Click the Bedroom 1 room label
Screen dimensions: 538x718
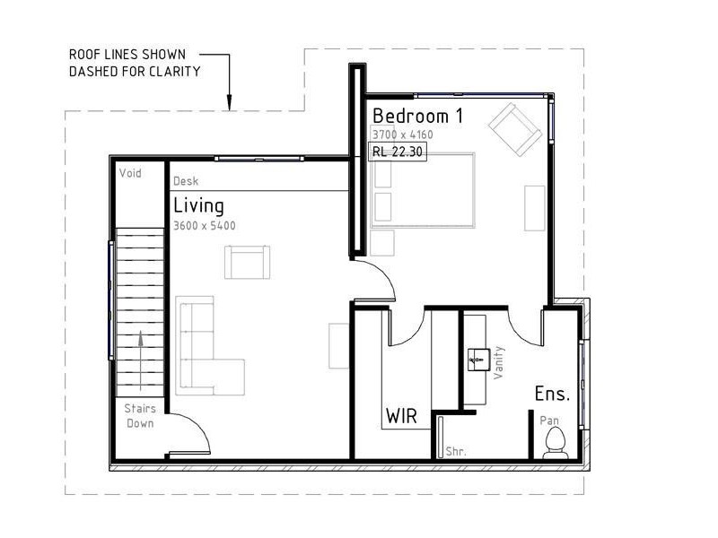point(417,116)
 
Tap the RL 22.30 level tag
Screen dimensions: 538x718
point(398,152)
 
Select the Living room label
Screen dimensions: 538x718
point(198,205)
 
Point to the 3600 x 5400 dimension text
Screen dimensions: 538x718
point(205,226)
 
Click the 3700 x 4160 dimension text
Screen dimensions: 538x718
point(402,134)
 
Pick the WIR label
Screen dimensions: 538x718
point(400,416)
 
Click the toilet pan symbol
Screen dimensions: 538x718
point(555,441)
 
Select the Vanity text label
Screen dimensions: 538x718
point(499,362)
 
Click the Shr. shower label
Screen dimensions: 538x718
point(456,452)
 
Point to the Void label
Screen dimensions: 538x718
point(131,171)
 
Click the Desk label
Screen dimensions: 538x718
point(186,181)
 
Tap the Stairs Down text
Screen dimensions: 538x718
point(140,416)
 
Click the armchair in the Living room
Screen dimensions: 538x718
point(247,262)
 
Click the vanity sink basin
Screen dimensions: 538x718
point(476,360)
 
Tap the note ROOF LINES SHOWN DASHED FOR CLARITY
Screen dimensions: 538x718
point(135,63)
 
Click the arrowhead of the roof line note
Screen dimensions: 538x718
point(230,102)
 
